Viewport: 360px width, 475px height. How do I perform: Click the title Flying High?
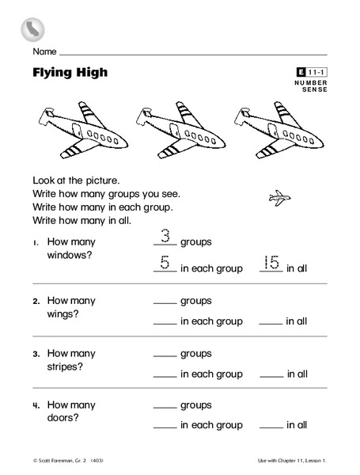click(x=70, y=74)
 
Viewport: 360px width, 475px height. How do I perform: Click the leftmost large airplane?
click(x=76, y=127)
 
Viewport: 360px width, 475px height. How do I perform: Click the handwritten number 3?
click(x=165, y=235)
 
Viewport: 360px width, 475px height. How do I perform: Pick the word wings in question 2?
click(x=63, y=314)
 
